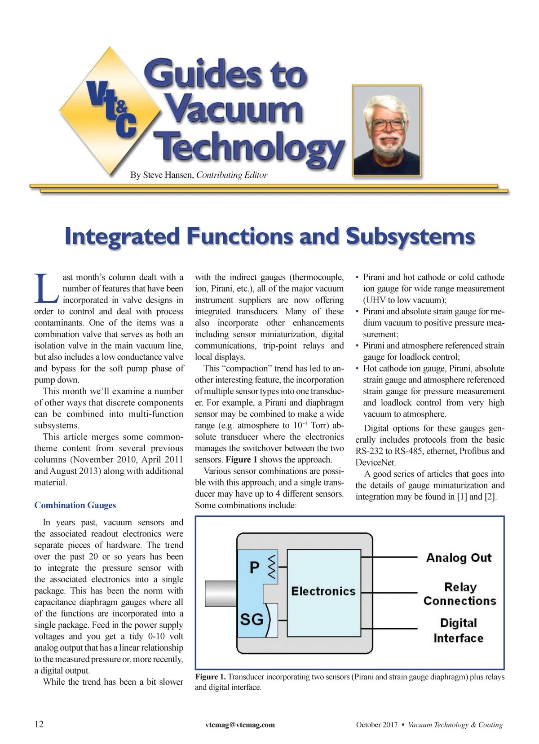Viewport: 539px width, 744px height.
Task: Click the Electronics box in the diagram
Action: [323, 591]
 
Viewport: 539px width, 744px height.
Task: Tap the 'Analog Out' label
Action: [459, 558]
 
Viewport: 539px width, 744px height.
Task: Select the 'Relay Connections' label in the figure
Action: [459, 594]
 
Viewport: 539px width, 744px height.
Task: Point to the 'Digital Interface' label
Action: [458, 630]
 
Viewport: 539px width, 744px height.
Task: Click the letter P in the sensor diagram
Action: [254, 568]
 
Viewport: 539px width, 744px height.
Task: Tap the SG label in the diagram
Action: [252, 620]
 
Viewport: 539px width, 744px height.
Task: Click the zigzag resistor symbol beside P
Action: [271, 567]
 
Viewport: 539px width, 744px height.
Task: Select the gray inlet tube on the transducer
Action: [221, 593]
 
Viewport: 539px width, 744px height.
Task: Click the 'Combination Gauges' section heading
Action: [75, 505]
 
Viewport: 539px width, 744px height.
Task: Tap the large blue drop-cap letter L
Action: [46, 288]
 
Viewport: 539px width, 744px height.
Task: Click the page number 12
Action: [39, 724]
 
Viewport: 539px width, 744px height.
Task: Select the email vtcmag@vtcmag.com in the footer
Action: [240, 725]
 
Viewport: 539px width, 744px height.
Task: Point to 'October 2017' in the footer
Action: [376, 725]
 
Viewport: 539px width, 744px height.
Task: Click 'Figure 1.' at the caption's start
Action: [210, 677]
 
